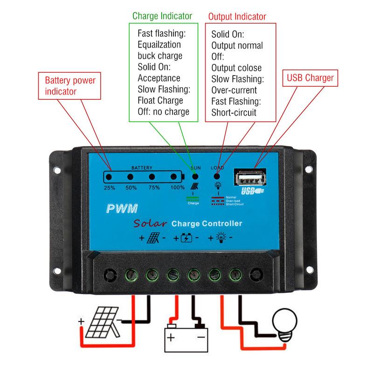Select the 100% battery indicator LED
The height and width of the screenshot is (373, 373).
[174, 177]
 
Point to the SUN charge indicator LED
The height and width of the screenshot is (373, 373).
[195, 177]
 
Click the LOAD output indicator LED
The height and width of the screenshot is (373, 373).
[217, 176]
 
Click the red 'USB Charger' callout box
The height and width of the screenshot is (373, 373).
[310, 78]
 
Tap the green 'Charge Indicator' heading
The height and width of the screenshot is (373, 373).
[162, 16]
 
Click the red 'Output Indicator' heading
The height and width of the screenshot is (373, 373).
[237, 17]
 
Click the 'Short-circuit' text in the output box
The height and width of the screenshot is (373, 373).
[234, 112]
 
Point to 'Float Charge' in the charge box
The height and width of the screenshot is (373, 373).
[160, 100]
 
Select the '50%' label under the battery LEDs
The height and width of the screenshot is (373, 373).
[131, 187]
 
